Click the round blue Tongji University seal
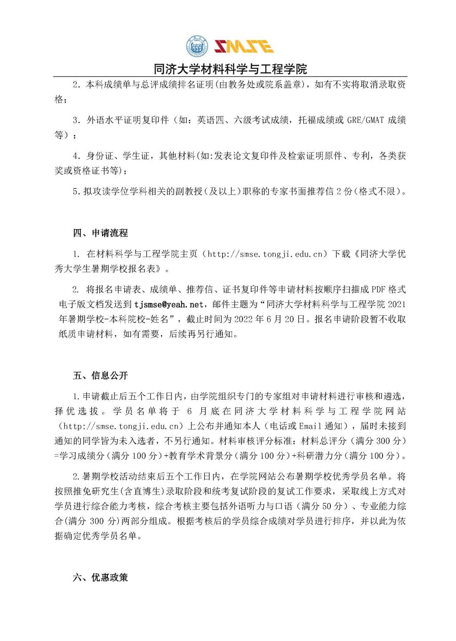[197, 46]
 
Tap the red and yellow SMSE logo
[244, 46]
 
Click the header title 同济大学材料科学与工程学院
[230, 69]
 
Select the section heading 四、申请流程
[100, 233]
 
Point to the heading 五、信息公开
[100, 375]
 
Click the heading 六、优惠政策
[100, 577]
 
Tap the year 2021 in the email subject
[397, 304]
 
